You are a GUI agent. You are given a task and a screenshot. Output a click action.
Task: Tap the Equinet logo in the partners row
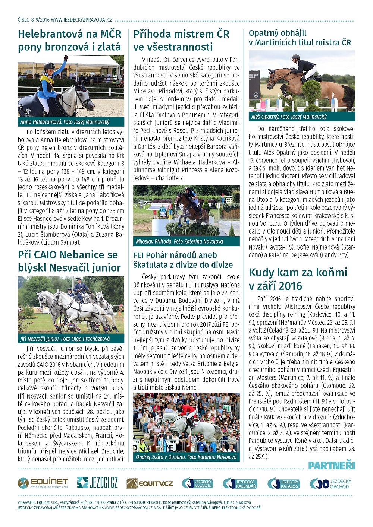(x=43, y=483)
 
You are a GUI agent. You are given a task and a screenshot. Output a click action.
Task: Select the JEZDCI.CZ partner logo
(x=97, y=483)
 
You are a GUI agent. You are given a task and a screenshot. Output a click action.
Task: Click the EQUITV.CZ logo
(x=150, y=483)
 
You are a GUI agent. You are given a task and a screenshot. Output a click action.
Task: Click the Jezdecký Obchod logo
(x=330, y=483)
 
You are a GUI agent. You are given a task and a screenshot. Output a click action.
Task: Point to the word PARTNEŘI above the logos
(x=332, y=466)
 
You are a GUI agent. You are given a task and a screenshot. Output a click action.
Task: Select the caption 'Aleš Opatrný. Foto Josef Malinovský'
(x=289, y=117)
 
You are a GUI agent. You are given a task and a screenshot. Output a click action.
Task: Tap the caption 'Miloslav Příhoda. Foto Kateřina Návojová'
(x=179, y=241)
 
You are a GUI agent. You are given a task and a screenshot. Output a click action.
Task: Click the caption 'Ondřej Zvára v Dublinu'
(x=186, y=457)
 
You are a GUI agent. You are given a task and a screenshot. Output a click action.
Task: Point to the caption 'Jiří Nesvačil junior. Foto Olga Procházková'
(x=65, y=339)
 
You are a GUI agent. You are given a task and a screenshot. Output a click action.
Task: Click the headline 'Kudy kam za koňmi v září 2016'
(x=298, y=279)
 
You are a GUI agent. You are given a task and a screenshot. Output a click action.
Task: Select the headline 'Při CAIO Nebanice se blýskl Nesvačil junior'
(x=69, y=261)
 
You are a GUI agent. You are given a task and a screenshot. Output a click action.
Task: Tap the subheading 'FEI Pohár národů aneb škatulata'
(x=183, y=260)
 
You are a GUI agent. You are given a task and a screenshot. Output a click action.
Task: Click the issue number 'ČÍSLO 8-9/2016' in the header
(x=33, y=20)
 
